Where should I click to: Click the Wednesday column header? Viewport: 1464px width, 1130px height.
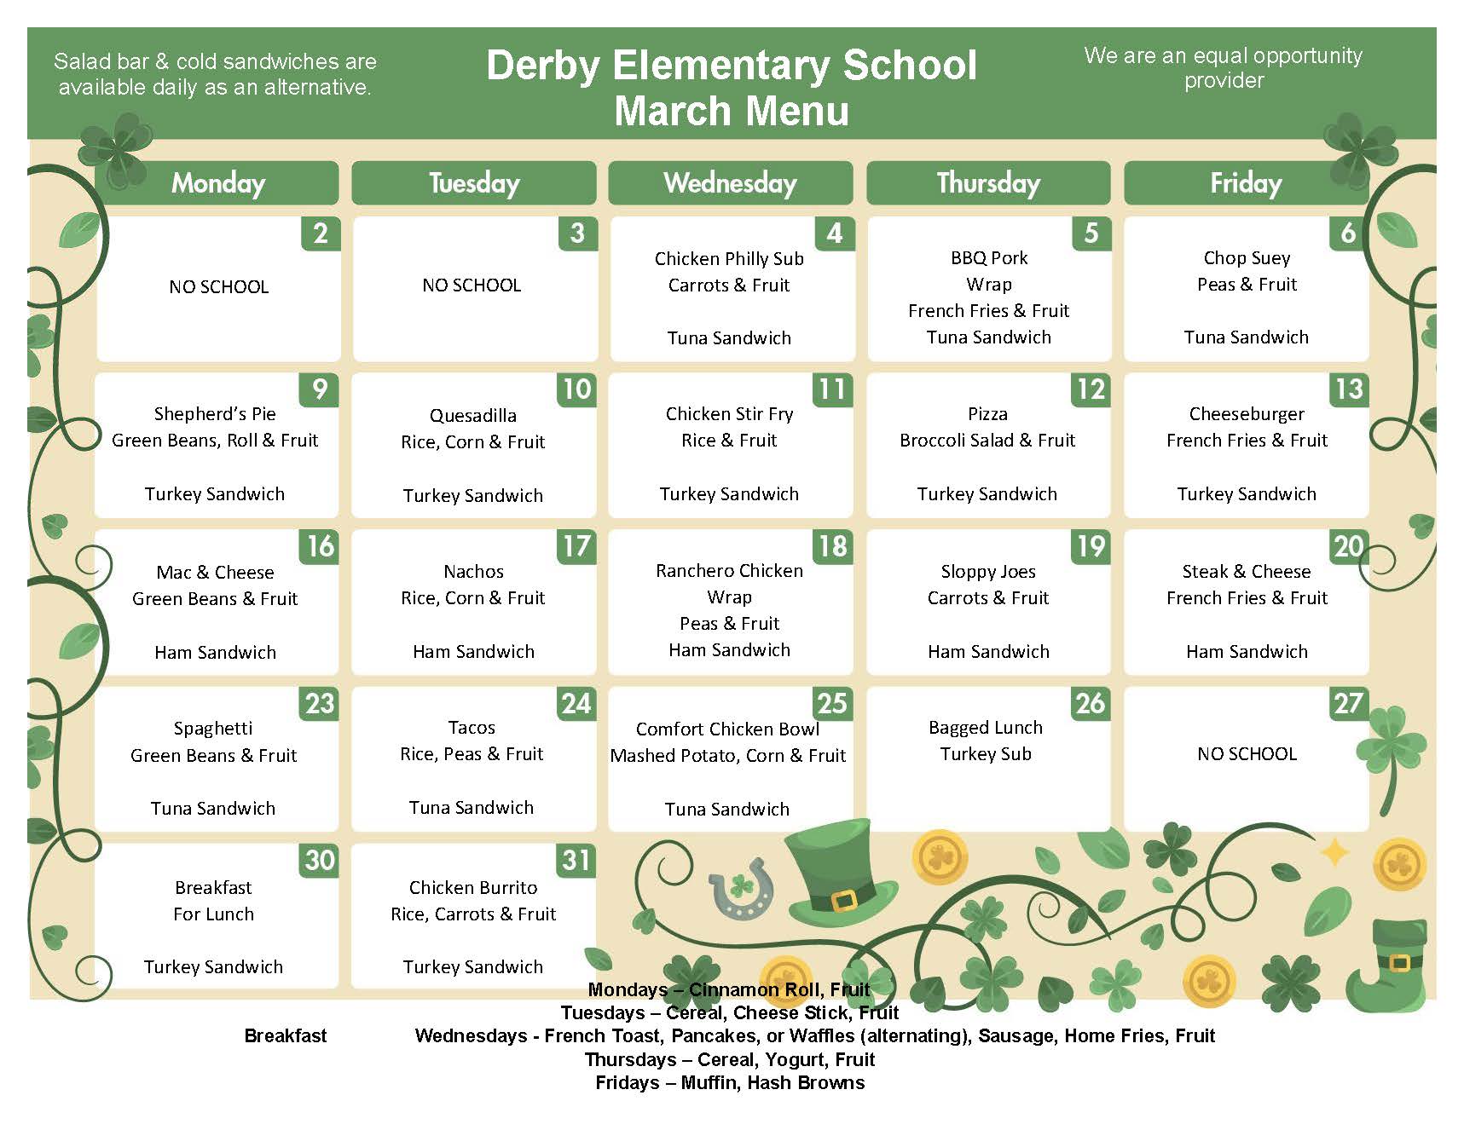(730, 183)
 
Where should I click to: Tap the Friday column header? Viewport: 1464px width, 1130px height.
(1246, 183)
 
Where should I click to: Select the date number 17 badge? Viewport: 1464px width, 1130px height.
(576, 546)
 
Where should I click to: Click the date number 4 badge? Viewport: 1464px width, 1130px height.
(834, 233)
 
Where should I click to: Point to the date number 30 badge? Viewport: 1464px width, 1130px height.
(320, 860)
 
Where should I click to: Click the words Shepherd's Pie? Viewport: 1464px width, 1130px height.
(215, 414)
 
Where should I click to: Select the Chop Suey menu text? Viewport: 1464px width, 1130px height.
(1247, 257)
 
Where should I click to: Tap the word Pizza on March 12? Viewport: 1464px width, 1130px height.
(987, 414)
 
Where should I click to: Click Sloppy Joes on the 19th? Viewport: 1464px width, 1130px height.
(988, 571)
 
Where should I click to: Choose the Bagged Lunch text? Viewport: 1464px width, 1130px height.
(986, 728)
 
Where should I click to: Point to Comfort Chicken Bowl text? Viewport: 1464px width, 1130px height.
(727, 729)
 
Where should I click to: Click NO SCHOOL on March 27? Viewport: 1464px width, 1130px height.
(1247, 754)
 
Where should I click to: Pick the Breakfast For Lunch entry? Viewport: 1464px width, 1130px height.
(213, 900)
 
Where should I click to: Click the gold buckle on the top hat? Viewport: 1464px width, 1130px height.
(844, 900)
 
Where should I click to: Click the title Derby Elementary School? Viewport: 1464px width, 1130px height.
(732, 66)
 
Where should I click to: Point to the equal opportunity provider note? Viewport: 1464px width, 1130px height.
(1223, 67)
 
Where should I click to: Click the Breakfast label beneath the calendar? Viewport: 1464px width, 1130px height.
(286, 1035)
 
